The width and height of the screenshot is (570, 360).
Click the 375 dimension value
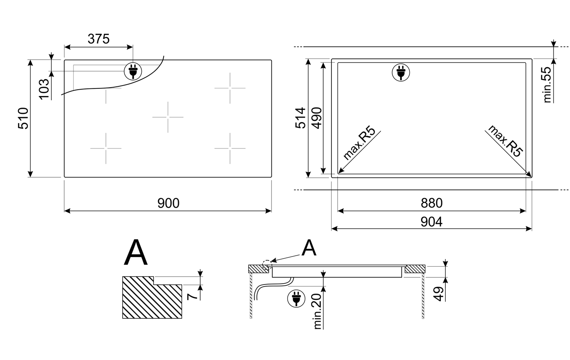(x=98, y=39)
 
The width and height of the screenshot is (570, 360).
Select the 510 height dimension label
(x=23, y=118)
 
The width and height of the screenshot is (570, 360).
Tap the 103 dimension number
(x=44, y=89)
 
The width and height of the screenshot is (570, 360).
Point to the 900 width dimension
(x=168, y=203)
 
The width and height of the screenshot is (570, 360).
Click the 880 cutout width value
(x=432, y=203)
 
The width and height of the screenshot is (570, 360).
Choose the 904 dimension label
(x=432, y=222)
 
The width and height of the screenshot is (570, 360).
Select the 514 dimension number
(x=300, y=118)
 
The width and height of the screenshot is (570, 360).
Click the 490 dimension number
(x=317, y=118)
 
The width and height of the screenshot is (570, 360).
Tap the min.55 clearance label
(x=547, y=85)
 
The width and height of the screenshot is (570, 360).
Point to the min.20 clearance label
(x=317, y=311)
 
